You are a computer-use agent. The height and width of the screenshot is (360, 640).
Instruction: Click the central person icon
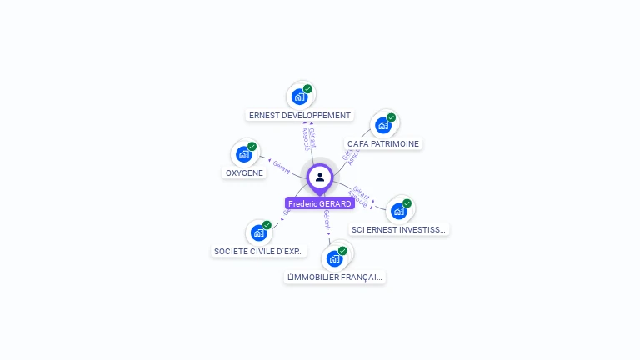320,177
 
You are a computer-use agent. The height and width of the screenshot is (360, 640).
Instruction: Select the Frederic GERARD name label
320,203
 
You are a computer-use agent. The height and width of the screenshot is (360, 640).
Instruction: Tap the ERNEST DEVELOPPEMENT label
300,116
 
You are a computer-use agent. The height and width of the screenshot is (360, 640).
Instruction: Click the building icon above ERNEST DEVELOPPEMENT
300,97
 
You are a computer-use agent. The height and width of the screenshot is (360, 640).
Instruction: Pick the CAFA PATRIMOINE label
383,143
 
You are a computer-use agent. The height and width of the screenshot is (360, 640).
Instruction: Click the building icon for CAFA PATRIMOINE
383,125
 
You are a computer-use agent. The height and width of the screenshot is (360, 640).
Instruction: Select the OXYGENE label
244,173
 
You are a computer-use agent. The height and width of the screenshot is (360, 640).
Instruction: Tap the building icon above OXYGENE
244,154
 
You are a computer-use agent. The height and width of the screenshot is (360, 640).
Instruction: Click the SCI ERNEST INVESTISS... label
398,229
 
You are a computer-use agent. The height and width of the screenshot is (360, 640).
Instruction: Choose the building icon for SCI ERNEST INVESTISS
398,211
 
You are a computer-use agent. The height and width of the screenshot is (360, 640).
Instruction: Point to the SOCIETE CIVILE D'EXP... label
259,251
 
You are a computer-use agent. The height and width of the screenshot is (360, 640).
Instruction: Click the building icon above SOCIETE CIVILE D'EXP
259,232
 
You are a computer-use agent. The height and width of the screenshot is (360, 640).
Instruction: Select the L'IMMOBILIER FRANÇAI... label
335,277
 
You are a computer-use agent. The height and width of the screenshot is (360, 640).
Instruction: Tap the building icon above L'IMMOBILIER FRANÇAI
335,258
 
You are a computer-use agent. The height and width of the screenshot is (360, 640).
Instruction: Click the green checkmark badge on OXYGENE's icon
252,147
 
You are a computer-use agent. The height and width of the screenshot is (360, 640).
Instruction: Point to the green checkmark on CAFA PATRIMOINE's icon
391,117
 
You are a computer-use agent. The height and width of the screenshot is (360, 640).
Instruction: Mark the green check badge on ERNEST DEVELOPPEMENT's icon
307,89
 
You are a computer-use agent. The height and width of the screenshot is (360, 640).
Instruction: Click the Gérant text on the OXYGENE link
282,166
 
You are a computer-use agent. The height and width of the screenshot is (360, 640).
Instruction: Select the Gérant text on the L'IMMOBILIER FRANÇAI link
327,221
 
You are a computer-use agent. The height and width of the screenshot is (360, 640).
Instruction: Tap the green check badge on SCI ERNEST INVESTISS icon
407,203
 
